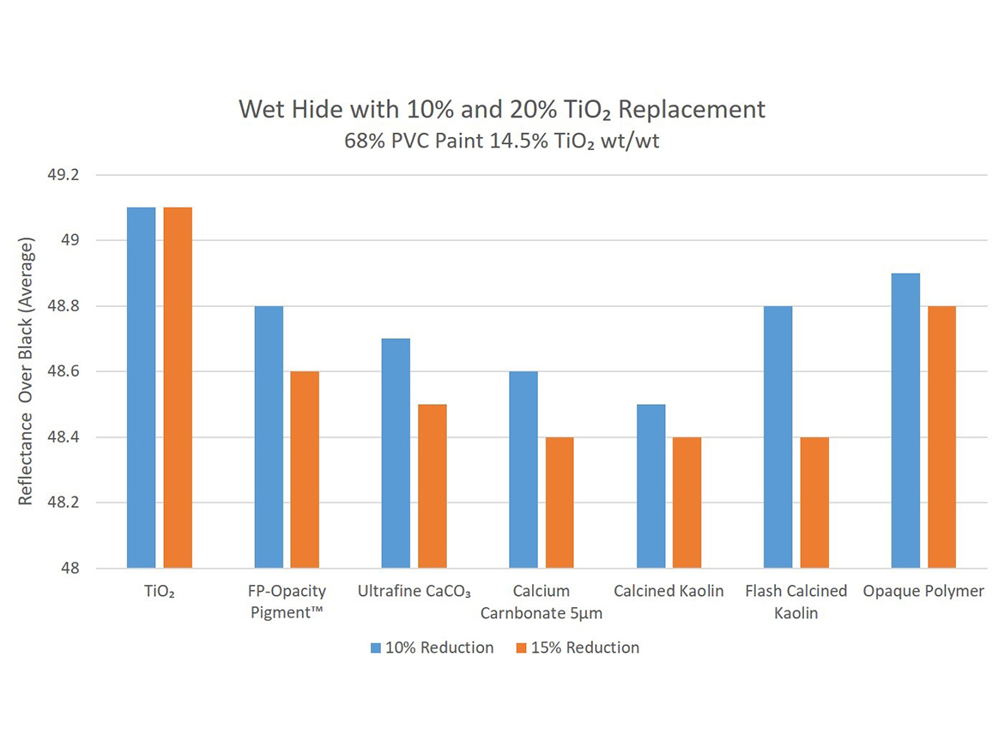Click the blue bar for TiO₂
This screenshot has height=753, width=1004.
coord(141,388)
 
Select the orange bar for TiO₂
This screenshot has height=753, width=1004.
coord(178,388)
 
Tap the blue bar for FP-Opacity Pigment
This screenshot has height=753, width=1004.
coord(269,437)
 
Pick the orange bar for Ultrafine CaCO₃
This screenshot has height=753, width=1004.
coord(432,485)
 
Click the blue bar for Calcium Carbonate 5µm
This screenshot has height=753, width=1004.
coord(523,469)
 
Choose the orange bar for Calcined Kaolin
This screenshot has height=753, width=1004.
coord(686,503)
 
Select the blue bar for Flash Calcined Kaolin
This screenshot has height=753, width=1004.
coord(777,437)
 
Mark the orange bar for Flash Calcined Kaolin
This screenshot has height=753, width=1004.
coord(814,503)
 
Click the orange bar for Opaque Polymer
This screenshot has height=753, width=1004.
coord(941,437)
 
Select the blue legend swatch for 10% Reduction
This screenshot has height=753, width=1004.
coord(375,648)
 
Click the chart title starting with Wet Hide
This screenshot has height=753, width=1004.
coord(501,110)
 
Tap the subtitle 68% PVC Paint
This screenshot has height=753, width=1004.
coord(501,141)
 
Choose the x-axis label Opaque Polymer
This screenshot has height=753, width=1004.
coord(923,592)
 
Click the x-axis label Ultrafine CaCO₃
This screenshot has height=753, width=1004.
coord(414,592)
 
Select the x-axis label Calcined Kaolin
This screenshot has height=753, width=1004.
coord(668,592)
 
